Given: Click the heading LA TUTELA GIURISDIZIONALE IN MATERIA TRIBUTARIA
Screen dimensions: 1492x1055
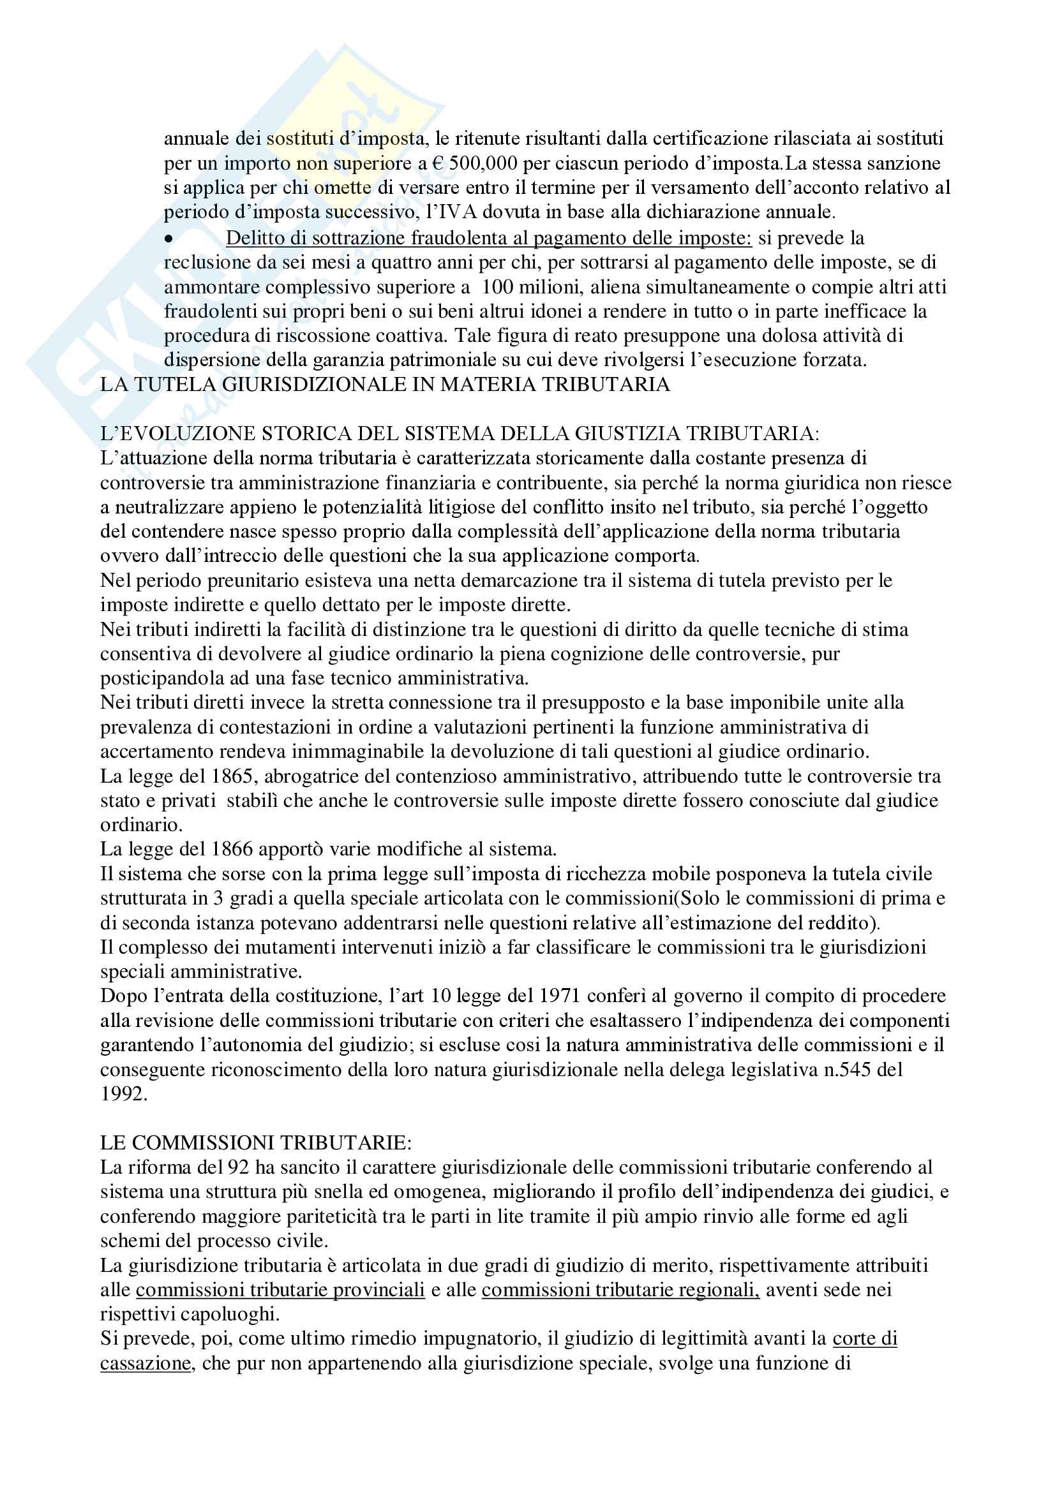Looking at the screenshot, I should pos(385,384).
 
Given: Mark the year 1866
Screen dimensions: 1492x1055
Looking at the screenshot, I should pos(234,849).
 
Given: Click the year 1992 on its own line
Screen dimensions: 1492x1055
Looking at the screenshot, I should pos(124,1094).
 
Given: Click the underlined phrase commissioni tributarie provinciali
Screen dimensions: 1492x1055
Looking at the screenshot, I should pos(280,1289).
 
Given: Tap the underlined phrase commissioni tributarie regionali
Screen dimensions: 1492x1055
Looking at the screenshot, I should pos(620,1289).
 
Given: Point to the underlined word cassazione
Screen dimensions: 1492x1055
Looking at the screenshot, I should pos(146,1363).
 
